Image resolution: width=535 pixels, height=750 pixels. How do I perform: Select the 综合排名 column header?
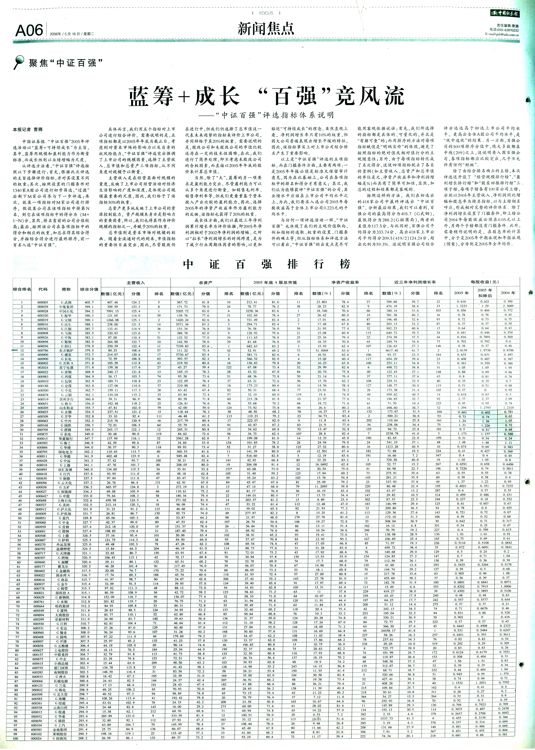pyautogui.click(x=22, y=289)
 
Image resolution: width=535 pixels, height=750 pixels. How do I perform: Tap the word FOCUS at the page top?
pyautogui.click(x=266, y=13)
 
